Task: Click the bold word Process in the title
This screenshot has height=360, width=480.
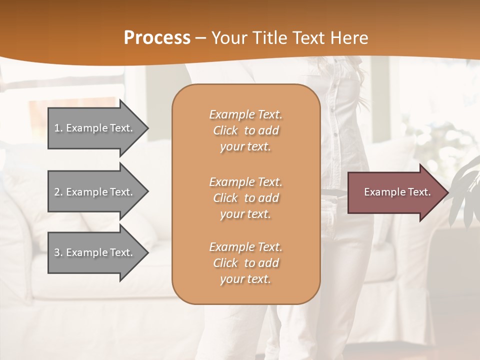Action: [x=157, y=38]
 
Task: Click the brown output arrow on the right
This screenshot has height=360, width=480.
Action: [x=395, y=192]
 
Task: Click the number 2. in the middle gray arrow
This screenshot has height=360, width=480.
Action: [x=58, y=192]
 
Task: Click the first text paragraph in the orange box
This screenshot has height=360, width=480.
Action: [x=245, y=130]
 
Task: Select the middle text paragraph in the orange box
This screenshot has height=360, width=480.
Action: [x=245, y=197]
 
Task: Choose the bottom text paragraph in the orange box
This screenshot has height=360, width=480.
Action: [x=245, y=263]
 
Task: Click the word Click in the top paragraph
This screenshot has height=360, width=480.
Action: [x=225, y=130]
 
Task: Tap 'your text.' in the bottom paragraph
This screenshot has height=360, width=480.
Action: [x=245, y=279]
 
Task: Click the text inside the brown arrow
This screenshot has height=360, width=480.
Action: [x=397, y=192]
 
